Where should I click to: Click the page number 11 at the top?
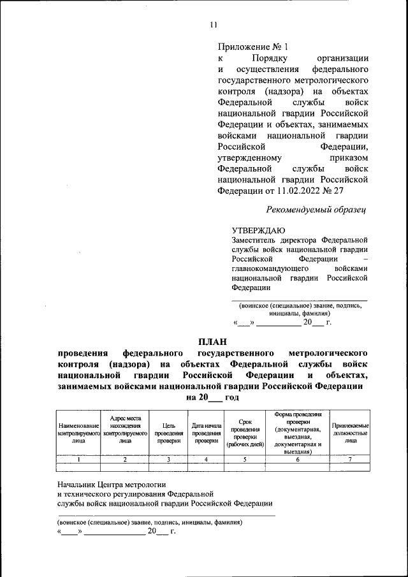pyautogui.click(x=213, y=25)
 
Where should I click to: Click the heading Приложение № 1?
pyautogui.click(x=253, y=47)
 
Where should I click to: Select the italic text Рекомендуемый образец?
pyautogui.click(x=316, y=209)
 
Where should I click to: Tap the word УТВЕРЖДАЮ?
pyautogui.click(x=258, y=230)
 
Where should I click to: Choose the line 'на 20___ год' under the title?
pyautogui.click(x=213, y=397)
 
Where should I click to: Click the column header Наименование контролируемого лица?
pyautogui.click(x=78, y=433)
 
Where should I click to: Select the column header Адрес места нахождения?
pyautogui.click(x=126, y=429)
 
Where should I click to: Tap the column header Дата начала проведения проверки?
pyautogui.click(x=207, y=433)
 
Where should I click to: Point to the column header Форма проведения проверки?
pyautogui.click(x=298, y=433)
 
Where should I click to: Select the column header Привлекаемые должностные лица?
pyautogui.click(x=351, y=433)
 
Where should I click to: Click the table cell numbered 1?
pyautogui.click(x=78, y=459)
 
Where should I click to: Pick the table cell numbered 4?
pyautogui.click(x=207, y=459)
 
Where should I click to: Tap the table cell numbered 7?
pyautogui.click(x=351, y=459)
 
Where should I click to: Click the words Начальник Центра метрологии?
pyautogui.click(x=111, y=484)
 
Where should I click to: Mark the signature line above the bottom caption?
pyautogui.click(x=166, y=514)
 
